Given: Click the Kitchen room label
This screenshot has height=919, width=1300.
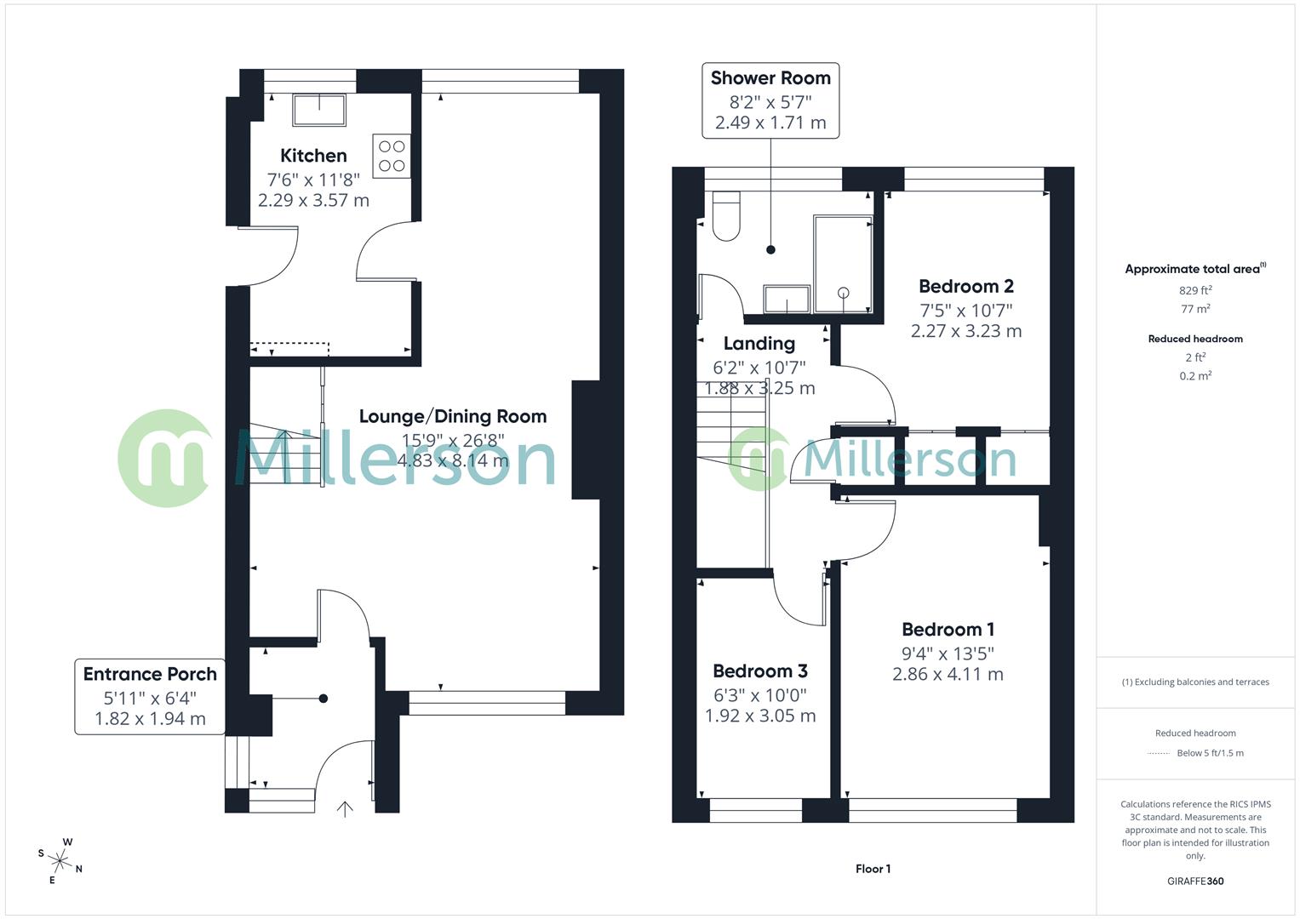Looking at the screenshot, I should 313,156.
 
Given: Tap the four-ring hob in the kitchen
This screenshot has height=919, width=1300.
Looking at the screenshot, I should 392,156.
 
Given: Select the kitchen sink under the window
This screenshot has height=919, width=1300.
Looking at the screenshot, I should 319,110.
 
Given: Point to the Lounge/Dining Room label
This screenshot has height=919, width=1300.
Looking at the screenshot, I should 452,416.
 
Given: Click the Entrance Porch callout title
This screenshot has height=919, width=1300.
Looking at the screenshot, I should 150,674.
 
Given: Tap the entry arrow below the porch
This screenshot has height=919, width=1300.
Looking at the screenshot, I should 345,808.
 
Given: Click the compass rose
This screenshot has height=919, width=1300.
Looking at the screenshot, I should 60,859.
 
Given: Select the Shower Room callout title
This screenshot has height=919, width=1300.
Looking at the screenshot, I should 770,78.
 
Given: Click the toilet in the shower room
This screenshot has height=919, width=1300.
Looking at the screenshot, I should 726,217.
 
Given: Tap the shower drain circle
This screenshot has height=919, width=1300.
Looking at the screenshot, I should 844,293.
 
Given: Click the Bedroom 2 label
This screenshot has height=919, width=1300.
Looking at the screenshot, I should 966,287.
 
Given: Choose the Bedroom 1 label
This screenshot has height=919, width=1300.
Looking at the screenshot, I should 948,630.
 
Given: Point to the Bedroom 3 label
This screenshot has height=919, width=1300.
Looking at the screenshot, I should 760,671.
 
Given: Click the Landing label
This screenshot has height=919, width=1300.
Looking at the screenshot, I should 759,344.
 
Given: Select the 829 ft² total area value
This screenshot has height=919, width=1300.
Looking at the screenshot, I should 1195,290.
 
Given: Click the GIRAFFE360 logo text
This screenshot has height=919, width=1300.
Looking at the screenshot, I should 1195,881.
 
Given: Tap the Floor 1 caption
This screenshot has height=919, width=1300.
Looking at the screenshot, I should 873,869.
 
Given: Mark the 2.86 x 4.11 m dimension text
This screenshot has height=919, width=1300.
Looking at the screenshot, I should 948,675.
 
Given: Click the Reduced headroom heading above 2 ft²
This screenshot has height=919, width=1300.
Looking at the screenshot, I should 1195,339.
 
